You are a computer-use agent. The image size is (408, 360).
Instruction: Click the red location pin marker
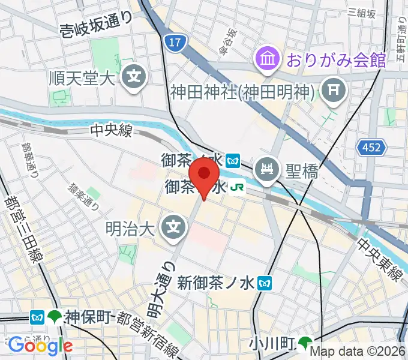pyautogui.click(x=203, y=178)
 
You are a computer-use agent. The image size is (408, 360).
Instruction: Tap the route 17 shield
pyautogui.click(x=173, y=43)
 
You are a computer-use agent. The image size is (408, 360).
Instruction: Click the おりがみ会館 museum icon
pyautogui.click(x=267, y=59)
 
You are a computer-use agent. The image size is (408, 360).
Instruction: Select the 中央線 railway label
pyautogui.click(x=110, y=131)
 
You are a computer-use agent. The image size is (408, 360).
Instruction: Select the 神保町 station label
pyautogui.click(x=89, y=316)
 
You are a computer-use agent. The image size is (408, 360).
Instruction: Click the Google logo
pyautogui.click(x=40, y=345)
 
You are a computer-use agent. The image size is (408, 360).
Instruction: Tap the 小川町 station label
pyautogui.click(x=271, y=344)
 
